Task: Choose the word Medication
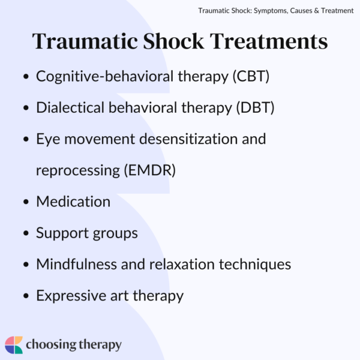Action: pyautogui.click(x=73, y=202)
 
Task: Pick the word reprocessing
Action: pyautogui.click(x=76, y=170)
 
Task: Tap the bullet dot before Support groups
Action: pyautogui.click(x=26, y=233)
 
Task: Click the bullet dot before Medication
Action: pyautogui.click(x=26, y=202)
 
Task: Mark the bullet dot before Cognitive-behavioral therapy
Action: pyautogui.click(x=26, y=77)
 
